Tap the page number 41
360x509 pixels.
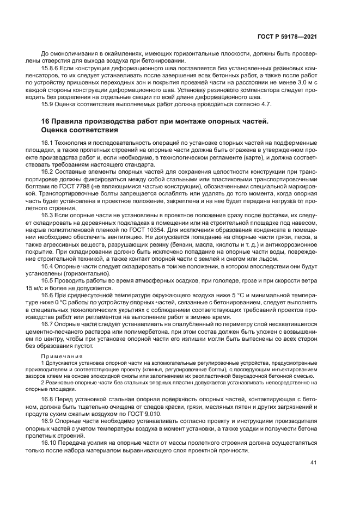pos(313,463)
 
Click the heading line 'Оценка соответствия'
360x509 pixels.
pos(79,131)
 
